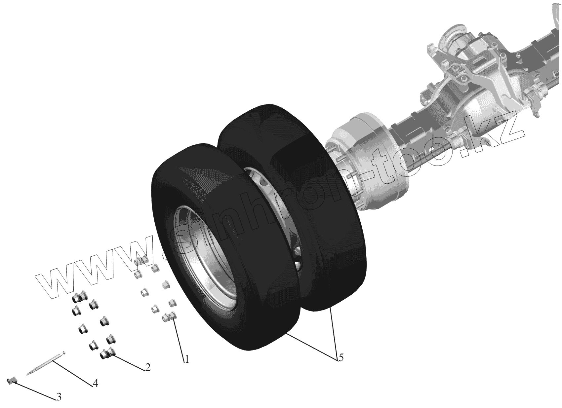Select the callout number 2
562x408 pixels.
[147, 367]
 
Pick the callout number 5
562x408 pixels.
[341, 358]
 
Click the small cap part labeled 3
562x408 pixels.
[12, 381]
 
